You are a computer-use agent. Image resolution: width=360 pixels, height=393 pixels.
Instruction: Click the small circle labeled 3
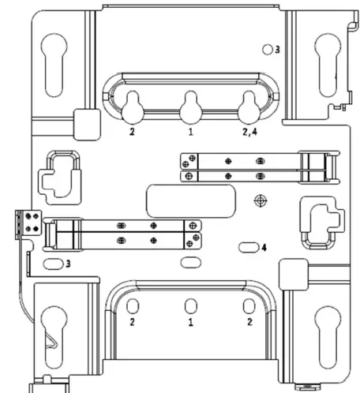coord(268,49)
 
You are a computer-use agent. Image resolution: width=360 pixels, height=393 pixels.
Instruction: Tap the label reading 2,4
coord(250,133)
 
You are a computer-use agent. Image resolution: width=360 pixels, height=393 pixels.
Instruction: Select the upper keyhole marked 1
coord(190,105)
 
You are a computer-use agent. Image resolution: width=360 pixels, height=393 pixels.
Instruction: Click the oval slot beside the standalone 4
coord(248,247)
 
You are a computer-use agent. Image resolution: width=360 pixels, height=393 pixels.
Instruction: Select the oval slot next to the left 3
coord(54,263)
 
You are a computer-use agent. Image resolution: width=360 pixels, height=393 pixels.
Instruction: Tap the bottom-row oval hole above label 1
coord(190,306)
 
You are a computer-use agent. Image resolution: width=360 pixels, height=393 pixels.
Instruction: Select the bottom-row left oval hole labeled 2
coord(133,306)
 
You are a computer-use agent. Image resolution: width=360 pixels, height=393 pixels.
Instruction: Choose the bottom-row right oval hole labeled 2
coord(249,306)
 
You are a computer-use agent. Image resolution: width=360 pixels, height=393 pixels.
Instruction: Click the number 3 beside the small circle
coord(277,50)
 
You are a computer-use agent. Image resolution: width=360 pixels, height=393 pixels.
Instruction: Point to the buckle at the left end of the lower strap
coord(62,233)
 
